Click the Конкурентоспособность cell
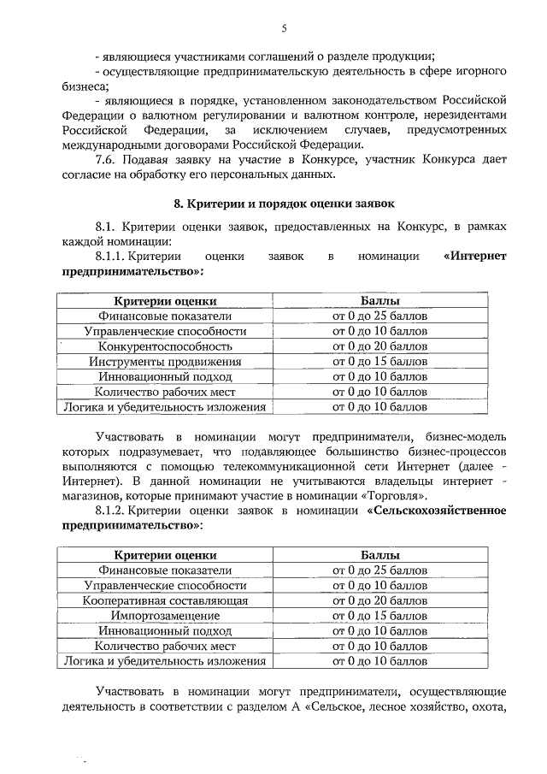165,346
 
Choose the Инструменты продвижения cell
165,361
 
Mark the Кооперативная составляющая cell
165,601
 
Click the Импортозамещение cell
165,616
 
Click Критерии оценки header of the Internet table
165,301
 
